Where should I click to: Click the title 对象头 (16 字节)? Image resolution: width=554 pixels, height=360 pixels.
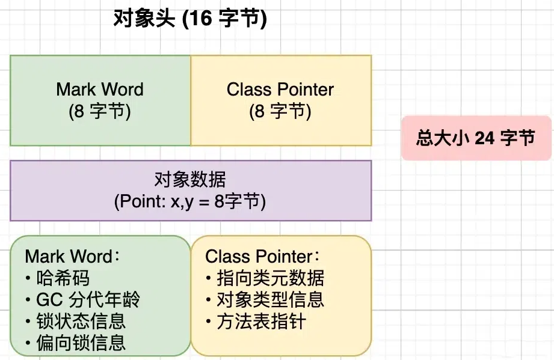(190, 19)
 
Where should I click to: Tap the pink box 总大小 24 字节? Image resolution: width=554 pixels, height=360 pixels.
(476, 138)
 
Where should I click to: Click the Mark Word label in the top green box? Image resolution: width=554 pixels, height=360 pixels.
(100, 90)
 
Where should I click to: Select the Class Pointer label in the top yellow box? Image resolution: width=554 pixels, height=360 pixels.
(280, 90)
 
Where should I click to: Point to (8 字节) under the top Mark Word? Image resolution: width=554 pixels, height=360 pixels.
(100, 111)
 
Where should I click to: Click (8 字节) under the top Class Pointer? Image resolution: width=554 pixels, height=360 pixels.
(280, 111)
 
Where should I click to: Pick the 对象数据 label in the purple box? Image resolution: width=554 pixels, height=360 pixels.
(190, 180)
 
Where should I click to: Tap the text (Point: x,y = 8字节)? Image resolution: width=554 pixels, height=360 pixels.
(190, 201)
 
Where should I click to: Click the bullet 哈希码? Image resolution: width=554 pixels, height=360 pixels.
(62, 278)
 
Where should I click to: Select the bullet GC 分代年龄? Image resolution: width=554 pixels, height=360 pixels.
(88, 299)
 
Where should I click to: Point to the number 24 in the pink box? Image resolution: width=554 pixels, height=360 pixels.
(484, 138)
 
